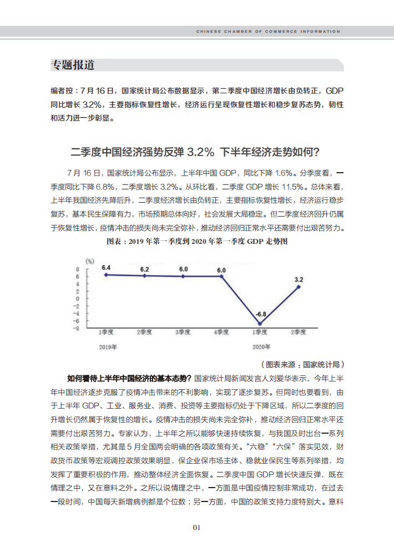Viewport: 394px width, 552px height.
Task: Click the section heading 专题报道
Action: pos(73,65)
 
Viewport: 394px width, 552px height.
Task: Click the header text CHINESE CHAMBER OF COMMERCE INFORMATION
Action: pos(268,32)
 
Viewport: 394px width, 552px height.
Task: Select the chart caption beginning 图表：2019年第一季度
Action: pos(197,242)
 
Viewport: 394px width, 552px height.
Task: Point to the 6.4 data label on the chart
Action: pos(105,268)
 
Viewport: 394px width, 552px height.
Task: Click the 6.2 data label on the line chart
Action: pos(144,269)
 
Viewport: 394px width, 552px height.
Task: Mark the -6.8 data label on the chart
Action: pos(261,314)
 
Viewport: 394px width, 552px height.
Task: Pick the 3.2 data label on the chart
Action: pos(299,279)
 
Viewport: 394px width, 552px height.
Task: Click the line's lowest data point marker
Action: pos(259,323)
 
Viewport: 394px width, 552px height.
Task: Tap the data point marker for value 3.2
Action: pos(299,287)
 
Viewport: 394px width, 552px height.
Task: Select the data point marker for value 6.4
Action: pos(105,274)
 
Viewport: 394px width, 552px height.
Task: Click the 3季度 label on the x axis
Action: pos(183,332)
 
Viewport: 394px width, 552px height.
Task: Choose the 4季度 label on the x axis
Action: pos(221,332)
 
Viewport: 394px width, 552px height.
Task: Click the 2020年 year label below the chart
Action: pos(261,347)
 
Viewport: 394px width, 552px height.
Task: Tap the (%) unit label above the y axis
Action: pos(89,260)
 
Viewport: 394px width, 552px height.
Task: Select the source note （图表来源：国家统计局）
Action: pos(302,365)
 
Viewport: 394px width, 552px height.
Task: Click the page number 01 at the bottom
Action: pos(196,528)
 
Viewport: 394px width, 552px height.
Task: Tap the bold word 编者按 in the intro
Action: pos(62,91)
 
